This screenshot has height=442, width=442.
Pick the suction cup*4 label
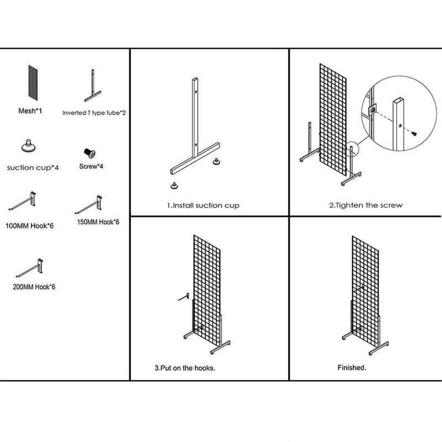(33, 167)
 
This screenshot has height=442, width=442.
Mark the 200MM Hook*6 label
(33, 287)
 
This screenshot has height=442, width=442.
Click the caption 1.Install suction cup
(203, 206)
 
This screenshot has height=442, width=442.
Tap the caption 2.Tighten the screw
(366, 206)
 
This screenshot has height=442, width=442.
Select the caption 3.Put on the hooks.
(185, 367)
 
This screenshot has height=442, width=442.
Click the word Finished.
(352, 367)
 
